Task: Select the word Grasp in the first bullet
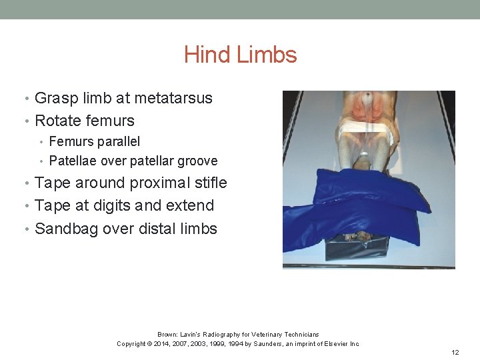[x=54, y=98]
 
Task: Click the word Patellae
[x=73, y=161]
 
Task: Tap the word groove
[x=196, y=161]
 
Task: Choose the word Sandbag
[x=64, y=229]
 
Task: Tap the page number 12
[x=455, y=352]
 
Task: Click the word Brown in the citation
[x=167, y=334]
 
